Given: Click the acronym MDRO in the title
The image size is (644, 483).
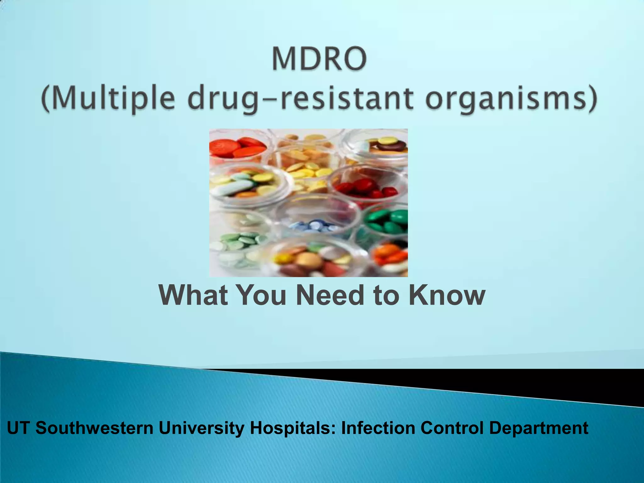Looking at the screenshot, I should coord(319,59).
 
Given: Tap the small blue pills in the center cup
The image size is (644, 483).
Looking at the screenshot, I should coord(314,226).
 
